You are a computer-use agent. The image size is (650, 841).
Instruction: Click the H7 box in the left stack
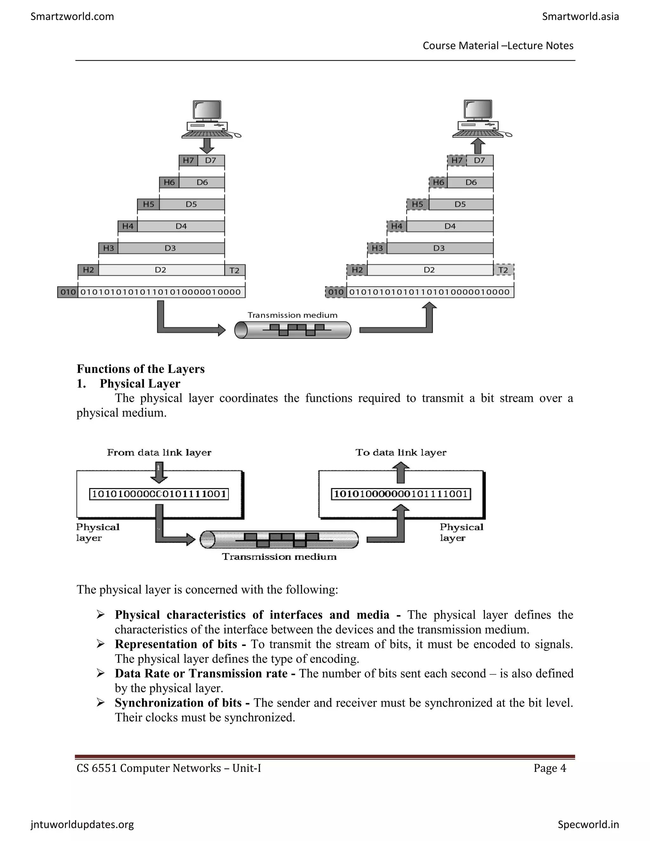[x=188, y=160]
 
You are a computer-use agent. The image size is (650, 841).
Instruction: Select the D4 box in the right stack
[x=450, y=226]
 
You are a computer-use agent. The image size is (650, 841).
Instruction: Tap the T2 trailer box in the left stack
[x=235, y=270]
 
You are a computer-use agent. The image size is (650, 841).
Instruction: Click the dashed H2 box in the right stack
[x=357, y=270]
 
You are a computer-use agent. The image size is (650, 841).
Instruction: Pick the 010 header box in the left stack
[x=68, y=292]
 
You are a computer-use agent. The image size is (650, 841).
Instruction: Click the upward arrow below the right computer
[x=478, y=146]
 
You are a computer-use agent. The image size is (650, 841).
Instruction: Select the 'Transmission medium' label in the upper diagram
[x=292, y=315]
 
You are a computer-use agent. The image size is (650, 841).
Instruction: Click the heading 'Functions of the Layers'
[x=141, y=369]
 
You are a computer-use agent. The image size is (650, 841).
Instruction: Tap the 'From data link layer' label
[x=159, y=453]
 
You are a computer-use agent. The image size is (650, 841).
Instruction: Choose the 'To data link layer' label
[x=401, y=453]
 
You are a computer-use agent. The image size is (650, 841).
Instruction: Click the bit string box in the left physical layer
[x=159, y=494]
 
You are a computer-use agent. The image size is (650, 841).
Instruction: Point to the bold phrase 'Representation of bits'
[x=176, y=644]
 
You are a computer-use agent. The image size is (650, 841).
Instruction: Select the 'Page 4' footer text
[x=549, y=768]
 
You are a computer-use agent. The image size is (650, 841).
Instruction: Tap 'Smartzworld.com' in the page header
[x=72, y=17]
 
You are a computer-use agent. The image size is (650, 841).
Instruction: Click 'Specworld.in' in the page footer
[x=588, y=824]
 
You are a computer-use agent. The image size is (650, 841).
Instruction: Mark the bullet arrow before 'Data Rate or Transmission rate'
[x=101, y=673]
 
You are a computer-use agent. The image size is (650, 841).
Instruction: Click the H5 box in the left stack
[x=148, y=204]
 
